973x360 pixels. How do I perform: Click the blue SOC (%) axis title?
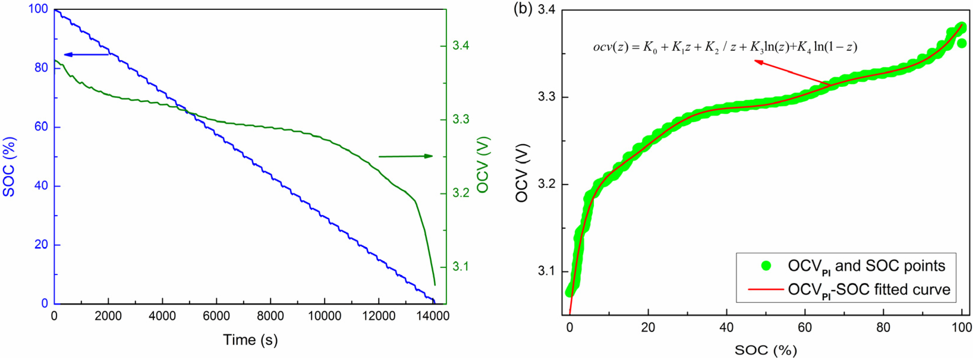[9, 166]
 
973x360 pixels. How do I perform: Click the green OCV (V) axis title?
[483, 165]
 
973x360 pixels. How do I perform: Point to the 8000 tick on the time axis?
[270, 316]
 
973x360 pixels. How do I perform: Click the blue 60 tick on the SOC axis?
[41, 127]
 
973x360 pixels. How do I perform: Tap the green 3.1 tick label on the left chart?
[461, 267]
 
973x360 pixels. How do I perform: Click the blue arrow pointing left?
[86, 55]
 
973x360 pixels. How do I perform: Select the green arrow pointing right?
[406, 156]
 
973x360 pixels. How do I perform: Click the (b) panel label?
[523, 9]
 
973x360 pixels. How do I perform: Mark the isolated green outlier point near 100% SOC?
[962, 43]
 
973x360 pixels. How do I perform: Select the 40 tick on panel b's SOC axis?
[726, 327]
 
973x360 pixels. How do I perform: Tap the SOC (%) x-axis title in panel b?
[765, 350]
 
